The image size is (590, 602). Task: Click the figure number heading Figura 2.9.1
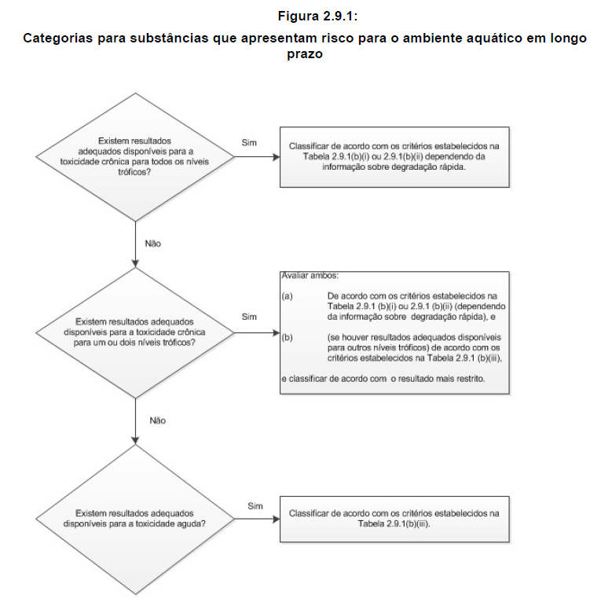point(318,17)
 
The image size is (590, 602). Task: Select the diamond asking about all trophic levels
point(135,156)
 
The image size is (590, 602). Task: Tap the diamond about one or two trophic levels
point(135,332)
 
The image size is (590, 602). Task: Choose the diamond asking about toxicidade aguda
point(135,519)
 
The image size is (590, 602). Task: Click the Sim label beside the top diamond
point(249,142)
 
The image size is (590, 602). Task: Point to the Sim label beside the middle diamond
point(249,317)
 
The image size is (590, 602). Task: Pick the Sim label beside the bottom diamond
point(255,506)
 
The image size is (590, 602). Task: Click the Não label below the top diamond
point(152,244)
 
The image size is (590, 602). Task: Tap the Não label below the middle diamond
point(158,420)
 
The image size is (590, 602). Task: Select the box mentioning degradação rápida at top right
point(394,157)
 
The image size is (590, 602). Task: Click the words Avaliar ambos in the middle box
point(310,276)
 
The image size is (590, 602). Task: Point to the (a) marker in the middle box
point(287,296)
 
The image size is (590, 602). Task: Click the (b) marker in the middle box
point(287,337)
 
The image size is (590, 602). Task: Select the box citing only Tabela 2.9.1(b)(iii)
point(394,519)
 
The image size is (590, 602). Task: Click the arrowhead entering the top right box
point(277,156)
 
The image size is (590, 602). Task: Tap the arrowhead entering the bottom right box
point(277,519)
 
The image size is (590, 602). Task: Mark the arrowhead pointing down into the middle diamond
point(135,264)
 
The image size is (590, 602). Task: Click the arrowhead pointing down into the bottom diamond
point(135,441)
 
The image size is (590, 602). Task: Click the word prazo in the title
point(305,54)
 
